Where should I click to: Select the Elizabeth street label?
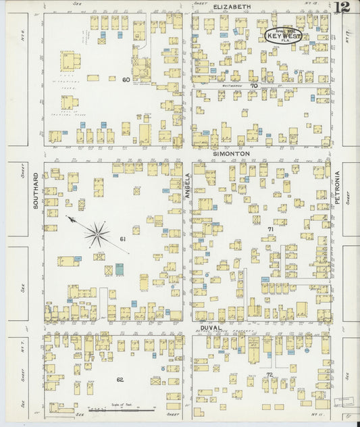click(232, 6)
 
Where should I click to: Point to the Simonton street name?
click(232, 155)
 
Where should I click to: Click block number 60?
click(126, 79)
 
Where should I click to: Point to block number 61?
click(123, 239)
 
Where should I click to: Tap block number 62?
click(120, 380)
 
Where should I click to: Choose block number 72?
click(269, 374)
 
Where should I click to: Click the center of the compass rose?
click(97, 234)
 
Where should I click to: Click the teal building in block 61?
click(119, 269)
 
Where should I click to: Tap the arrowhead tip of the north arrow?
click(68, 218)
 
